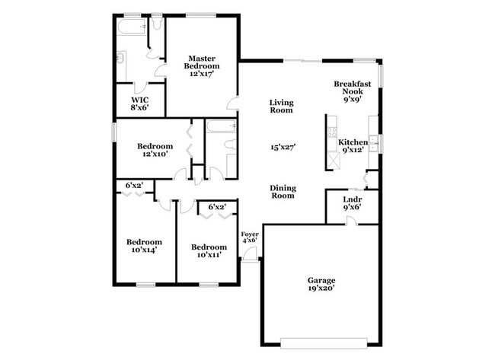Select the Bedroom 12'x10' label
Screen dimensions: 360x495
155,150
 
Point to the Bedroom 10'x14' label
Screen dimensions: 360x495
144,247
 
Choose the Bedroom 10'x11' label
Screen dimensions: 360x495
209,251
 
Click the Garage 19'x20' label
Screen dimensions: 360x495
321,284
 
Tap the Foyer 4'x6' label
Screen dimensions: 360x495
249,237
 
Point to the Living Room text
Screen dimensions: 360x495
281,107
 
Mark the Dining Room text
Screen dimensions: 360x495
283,192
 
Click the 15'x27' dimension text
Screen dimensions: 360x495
283,148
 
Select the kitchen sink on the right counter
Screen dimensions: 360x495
373,142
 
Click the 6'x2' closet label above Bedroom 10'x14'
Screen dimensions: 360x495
134,185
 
